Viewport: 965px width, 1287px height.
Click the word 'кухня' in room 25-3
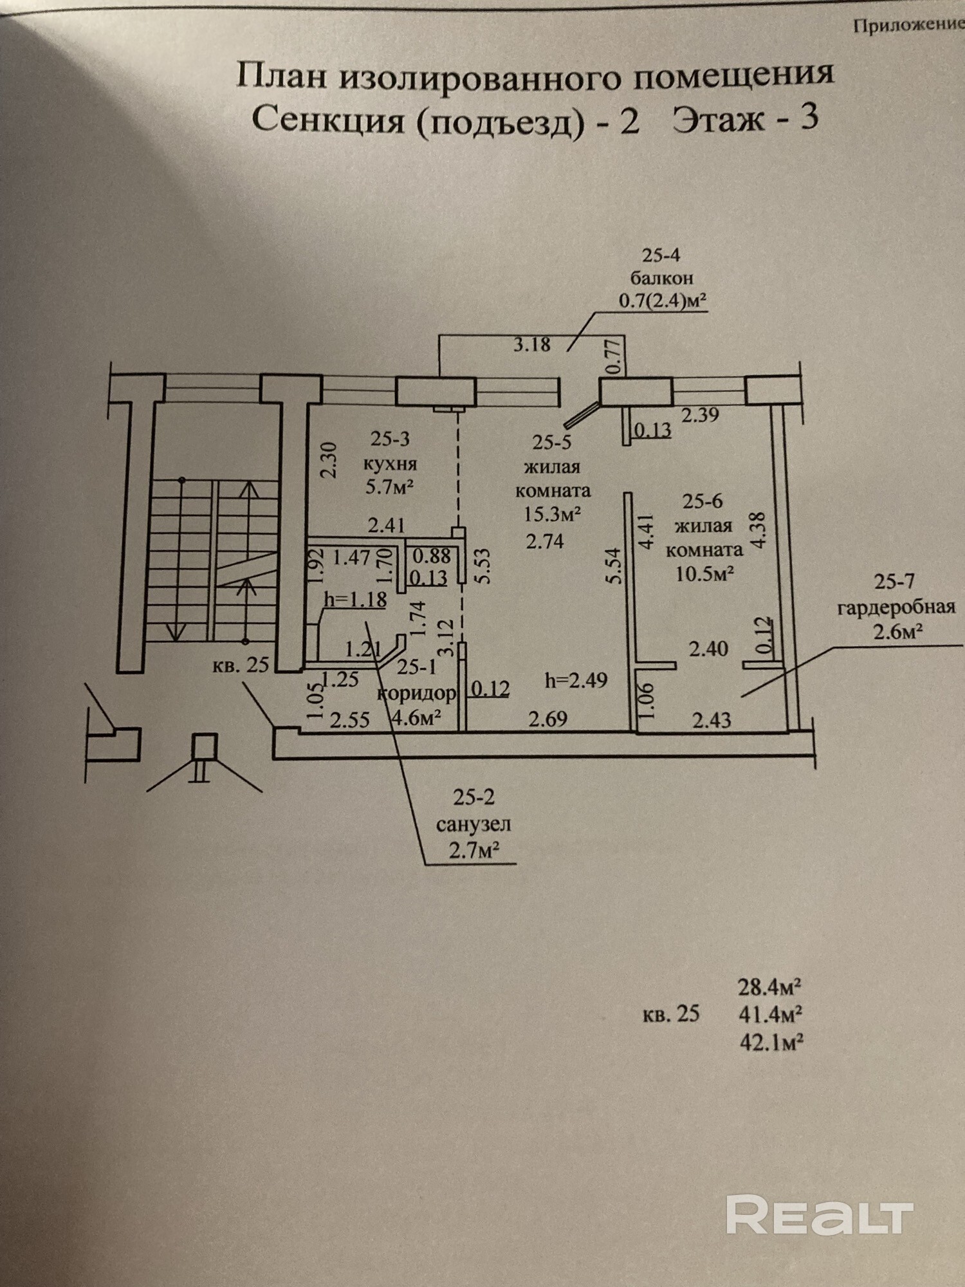[x=390, y=463]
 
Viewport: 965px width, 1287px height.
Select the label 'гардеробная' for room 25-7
[x=896, y=607]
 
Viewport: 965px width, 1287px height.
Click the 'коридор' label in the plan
[x=417, y=693]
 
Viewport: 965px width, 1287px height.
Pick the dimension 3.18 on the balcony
[x=531, y=344]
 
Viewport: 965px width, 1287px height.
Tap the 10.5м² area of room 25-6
[x=704, y=573]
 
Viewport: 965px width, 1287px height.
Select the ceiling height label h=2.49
[x=576, y=680]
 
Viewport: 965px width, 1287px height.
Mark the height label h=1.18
[x=355, y=600]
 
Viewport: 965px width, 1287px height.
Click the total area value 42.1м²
[x=771, y=1042]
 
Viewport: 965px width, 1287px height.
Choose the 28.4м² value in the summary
[x=769, y=986]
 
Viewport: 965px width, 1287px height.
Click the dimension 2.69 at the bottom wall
[x=547, y=718]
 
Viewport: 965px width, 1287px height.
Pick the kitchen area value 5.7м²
[x=389, y=486]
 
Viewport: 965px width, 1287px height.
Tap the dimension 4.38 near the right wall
[x=759, y=530]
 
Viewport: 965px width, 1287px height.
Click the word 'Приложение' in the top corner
[x=908, y=25]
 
